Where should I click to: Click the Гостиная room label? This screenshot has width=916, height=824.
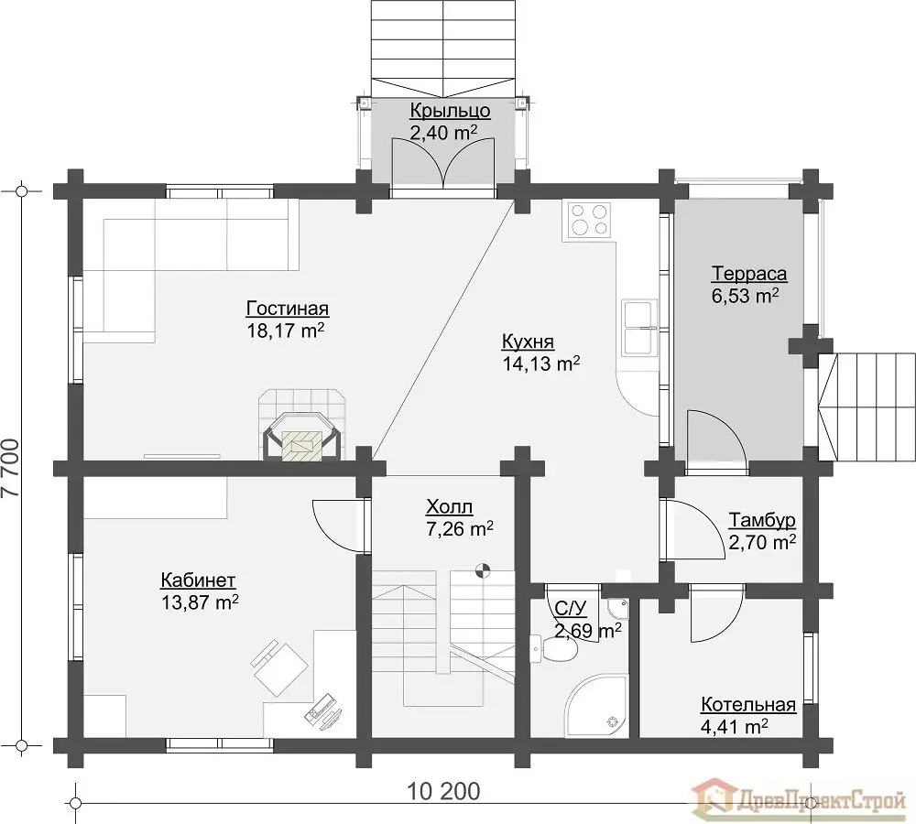[288, 309]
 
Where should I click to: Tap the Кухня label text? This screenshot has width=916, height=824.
[529, 342]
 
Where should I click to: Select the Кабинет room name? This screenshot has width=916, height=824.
[198, 580]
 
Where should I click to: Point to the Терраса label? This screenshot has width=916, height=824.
[749, 274]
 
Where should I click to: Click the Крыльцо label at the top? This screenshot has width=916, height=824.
[450, 111]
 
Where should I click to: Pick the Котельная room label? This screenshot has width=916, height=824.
[748, 705]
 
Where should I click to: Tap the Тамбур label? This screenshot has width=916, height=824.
[762, 520]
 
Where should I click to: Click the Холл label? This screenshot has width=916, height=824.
[449, 506]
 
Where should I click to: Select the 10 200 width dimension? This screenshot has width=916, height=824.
[443, 792]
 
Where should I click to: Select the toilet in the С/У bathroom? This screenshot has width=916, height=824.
[554, 649]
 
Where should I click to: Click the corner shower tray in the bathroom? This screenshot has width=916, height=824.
[597, 706]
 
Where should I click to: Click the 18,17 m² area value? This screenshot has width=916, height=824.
[286, 331]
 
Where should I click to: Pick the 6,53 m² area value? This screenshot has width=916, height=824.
[745, 296]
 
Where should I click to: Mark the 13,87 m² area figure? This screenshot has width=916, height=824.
[200, 602]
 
